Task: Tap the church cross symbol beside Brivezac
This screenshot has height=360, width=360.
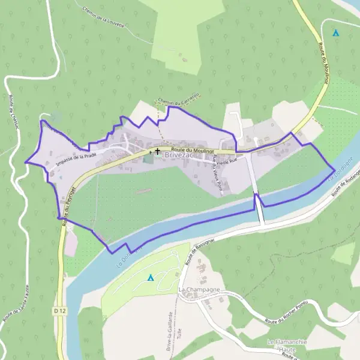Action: pyautogui.click(x=157, y=152)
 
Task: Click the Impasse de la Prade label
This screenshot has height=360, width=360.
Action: pyautogui.click(x=76, y=158)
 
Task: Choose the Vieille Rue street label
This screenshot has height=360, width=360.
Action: pyautogui.click(x=227, y=161)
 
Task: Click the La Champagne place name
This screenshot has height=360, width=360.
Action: pyautogui.click(x=197, y=290)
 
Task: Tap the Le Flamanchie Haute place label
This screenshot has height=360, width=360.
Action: pyautogui.click(x=287, y=346)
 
